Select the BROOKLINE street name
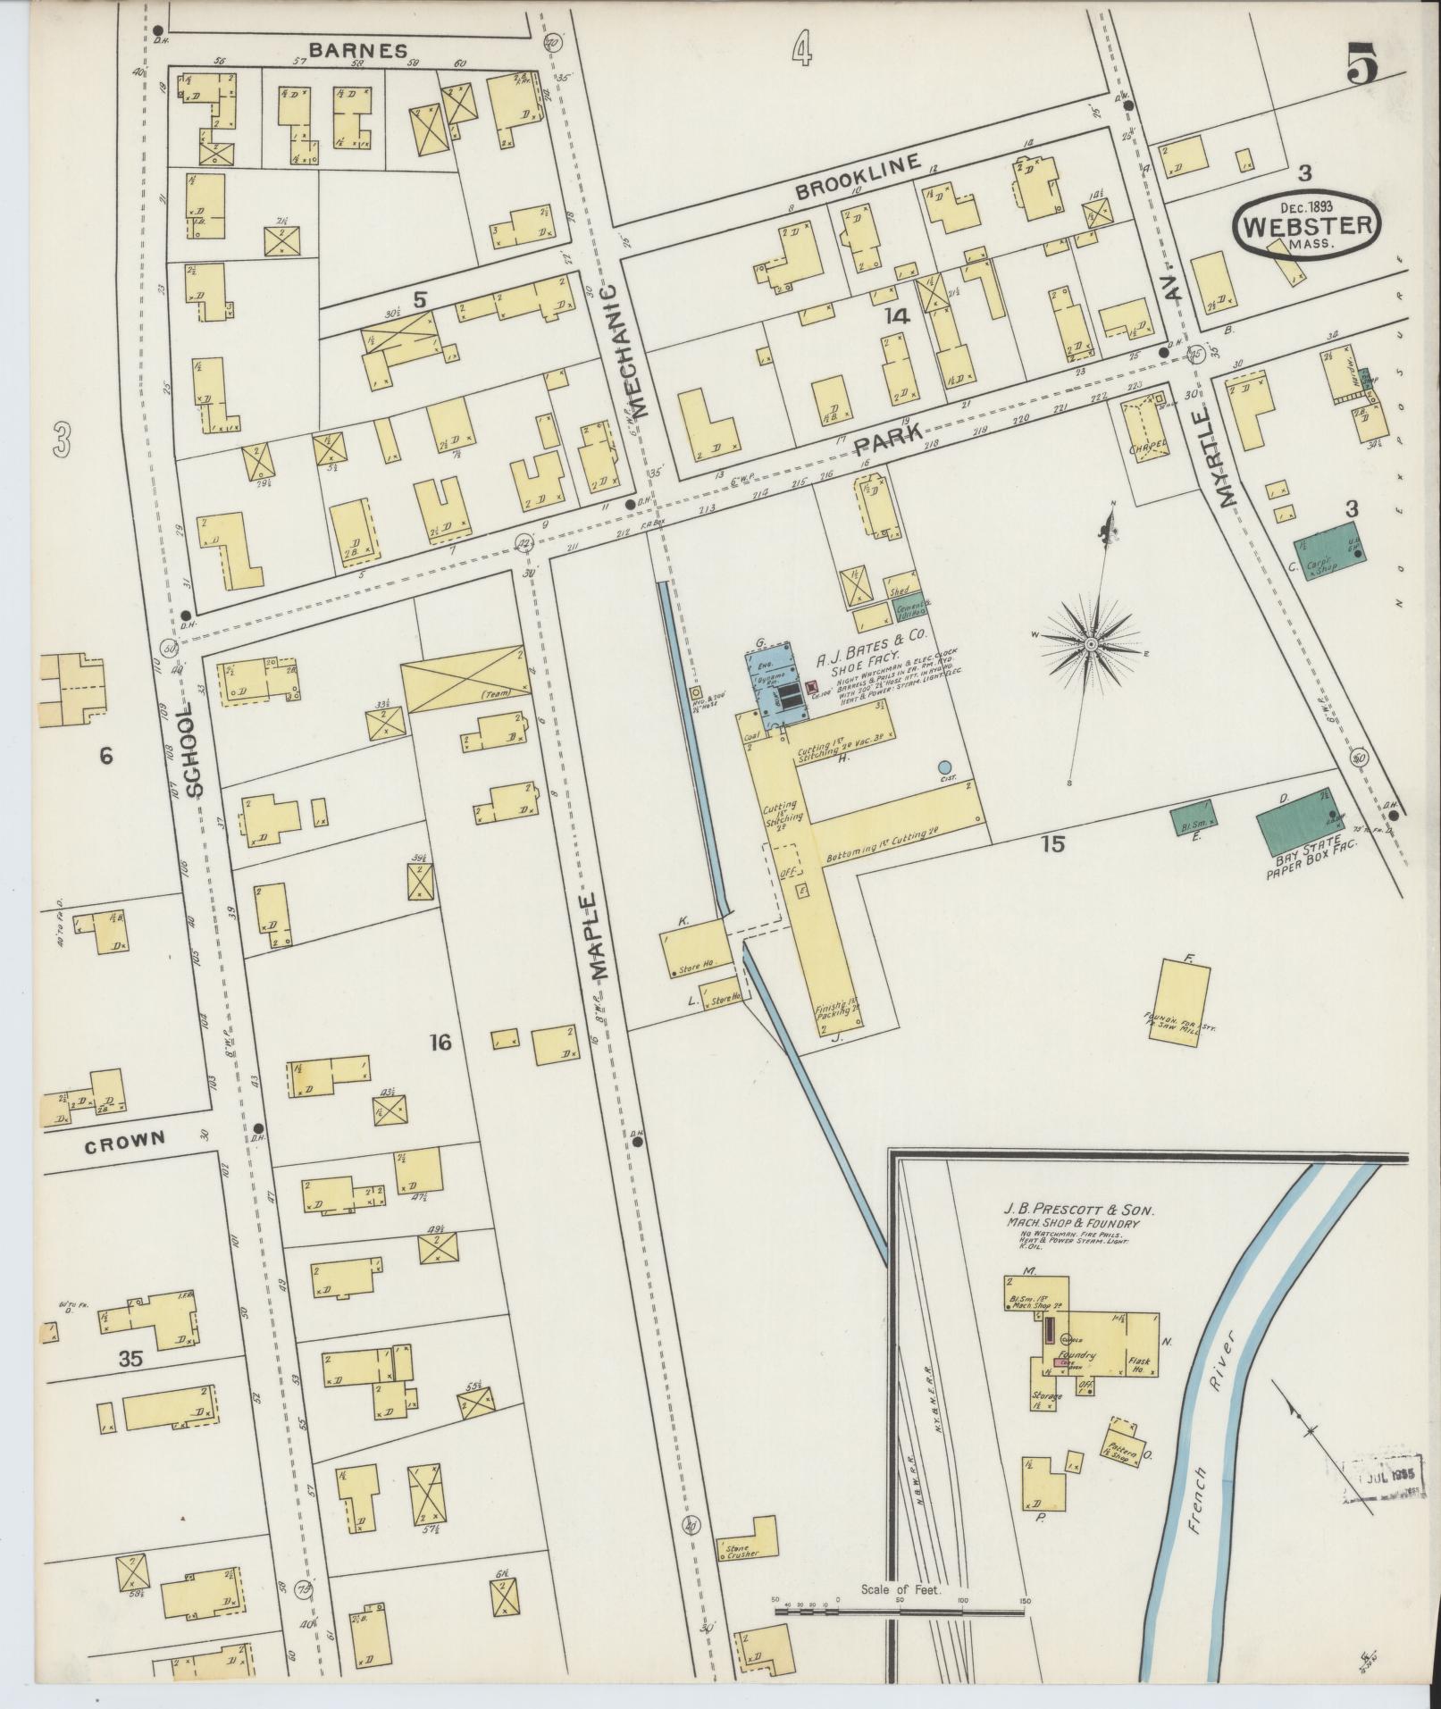point(857,177)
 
